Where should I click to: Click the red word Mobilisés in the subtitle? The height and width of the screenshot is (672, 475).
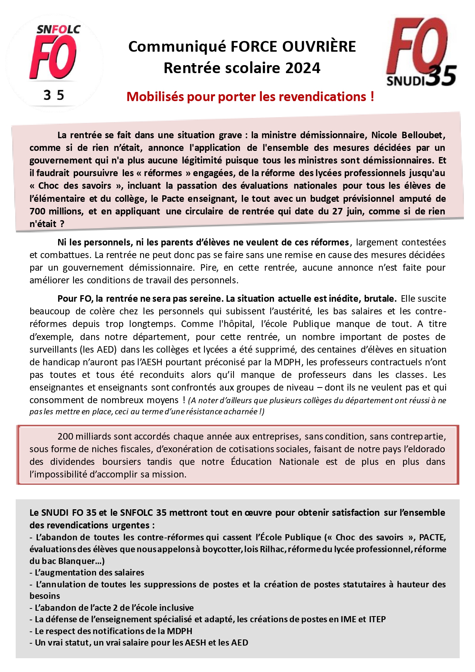pos(155,97)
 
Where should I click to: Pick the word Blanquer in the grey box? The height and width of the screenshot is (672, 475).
pos(77,561)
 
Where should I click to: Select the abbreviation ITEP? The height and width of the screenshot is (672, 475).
pos(377,619)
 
